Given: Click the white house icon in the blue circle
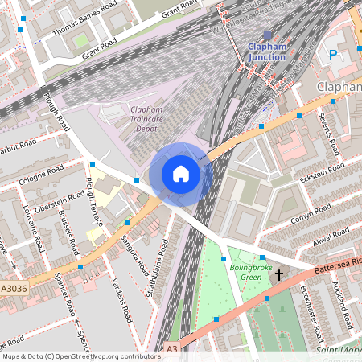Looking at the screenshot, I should coord(181,173).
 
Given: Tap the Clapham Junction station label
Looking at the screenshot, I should coord(266,52).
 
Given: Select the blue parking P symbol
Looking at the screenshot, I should coord(333,55).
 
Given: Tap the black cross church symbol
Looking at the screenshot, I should coord(279,275).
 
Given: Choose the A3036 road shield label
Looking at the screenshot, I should coord(14,286).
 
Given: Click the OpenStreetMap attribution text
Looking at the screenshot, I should coord(81,356).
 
